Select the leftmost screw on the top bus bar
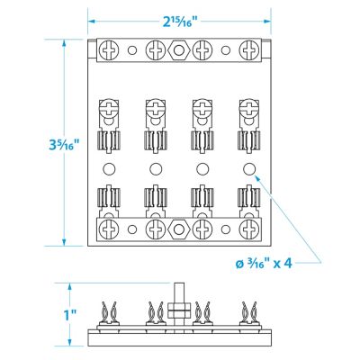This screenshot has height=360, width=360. (107, 51)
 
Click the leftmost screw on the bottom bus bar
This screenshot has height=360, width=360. (107, 231)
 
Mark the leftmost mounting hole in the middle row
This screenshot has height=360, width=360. (107, 169)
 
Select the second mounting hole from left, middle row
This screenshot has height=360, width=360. (154, 169)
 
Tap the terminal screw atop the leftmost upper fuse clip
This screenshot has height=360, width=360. (106, 112)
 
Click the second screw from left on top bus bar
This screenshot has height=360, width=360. (154, 51)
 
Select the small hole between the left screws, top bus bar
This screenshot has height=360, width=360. (130, 51)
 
